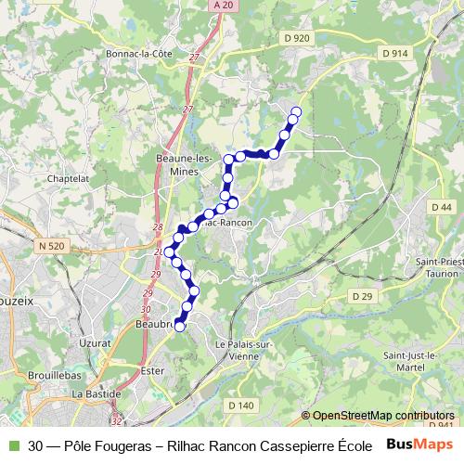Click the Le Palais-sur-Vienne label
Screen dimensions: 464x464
pos(248,350)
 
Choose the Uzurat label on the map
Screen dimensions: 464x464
pos(95,342)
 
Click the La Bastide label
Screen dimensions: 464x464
pos(92,393)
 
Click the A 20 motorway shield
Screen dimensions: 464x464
pos(220,6)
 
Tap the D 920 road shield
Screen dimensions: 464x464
pos(296,37)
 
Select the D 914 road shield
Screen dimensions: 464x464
pos(393,54)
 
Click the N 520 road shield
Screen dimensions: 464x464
pos(53,245)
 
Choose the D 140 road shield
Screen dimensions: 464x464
pos(240,405)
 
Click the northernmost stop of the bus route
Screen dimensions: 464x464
pos(296,112)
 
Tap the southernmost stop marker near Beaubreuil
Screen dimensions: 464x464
pos(180,326)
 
